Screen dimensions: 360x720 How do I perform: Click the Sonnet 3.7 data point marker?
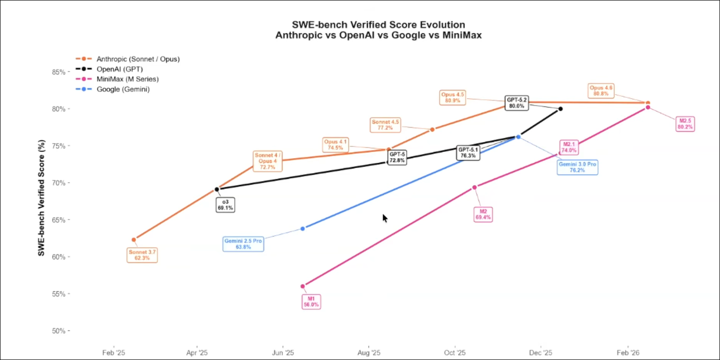(134, 240)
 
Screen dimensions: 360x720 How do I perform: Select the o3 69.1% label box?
(225, 204)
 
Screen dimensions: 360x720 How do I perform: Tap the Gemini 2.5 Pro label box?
(243, 244)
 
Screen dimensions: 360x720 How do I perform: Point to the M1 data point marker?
(303, 286)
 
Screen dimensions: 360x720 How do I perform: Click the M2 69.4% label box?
(483, 214)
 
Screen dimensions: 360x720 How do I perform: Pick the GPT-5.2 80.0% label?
(517, 102)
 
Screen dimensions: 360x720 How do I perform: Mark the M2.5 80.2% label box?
(685, 124)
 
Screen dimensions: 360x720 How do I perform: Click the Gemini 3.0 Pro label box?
(577, 167)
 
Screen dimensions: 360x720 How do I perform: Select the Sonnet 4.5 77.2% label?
(385, 125)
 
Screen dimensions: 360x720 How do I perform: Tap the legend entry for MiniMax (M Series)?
(127, 79)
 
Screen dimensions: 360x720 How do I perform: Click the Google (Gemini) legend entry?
(123, 89)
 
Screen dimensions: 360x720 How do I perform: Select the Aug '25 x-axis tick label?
(369, 353)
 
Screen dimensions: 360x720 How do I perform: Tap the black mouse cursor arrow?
(385, 218)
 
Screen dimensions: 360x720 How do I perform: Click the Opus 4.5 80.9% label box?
(453, 97)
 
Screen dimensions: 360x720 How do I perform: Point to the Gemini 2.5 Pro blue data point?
(303, 228)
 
